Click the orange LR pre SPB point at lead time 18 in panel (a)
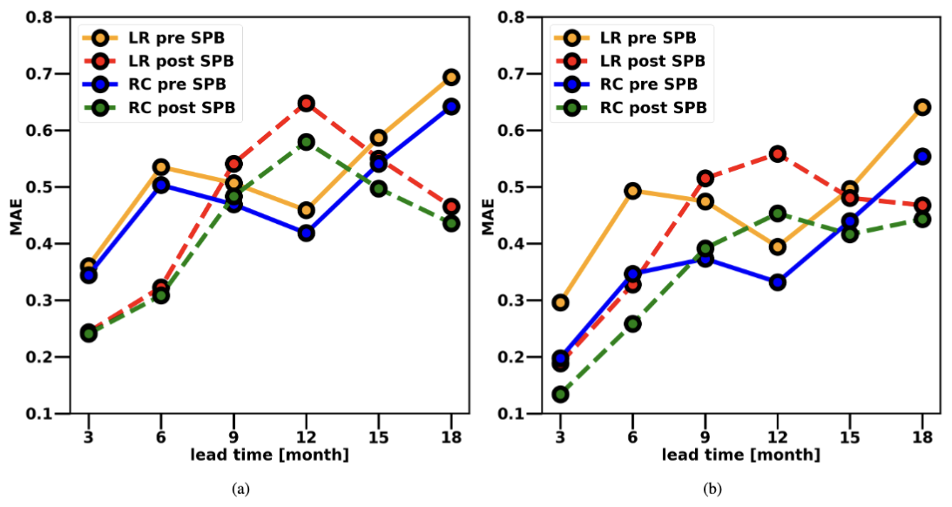pos(450,78)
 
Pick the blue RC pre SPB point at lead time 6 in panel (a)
pos(160,185)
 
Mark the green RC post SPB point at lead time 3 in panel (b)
pos(560,395)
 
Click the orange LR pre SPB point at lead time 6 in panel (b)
pos(632,191)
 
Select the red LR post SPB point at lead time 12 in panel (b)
pos(777,154)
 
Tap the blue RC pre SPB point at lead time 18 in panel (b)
pos(922,157)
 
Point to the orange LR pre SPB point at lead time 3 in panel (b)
pos(560,302)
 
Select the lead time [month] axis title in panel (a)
pos(269,455)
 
